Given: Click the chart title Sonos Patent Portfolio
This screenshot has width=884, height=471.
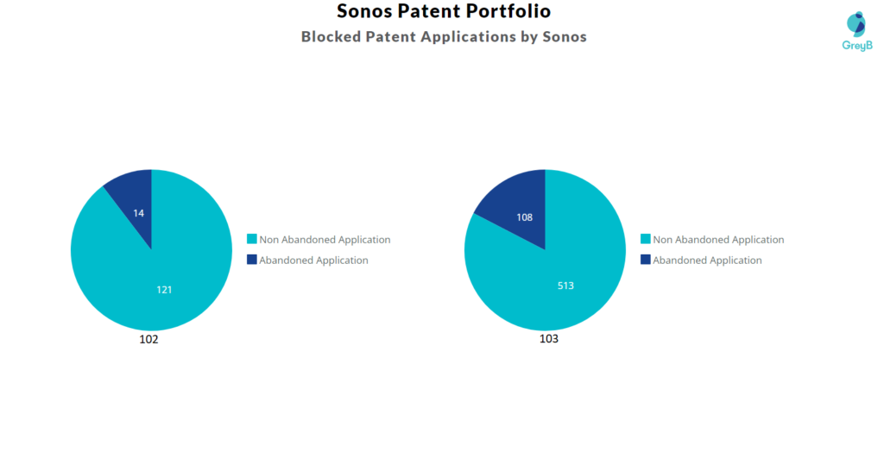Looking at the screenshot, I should tap(444, 12).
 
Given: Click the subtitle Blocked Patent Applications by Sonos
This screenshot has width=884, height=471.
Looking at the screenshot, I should tap(444, 37).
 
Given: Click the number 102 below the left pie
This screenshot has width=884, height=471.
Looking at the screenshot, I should tap(148, 339).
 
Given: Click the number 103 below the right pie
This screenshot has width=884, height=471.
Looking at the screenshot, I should tap(549, 339).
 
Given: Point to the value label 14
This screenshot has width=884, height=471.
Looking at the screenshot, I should tap(139, 212).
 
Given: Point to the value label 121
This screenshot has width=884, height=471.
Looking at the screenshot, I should tap(164, 289).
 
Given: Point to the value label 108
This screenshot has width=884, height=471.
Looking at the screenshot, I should tap(525, 217).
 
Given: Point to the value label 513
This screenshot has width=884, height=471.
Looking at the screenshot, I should tap(565, 286).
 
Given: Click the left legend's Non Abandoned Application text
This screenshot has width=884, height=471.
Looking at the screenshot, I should tap(325, 240).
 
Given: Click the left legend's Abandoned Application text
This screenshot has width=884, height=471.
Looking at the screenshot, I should tap(313, 261).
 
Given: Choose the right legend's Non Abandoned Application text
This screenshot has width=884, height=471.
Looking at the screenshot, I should tap(718, 240).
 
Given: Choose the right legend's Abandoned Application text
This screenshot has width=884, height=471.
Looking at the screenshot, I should tap(707, 261).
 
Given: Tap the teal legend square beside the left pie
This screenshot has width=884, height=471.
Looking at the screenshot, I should tap(251, 239).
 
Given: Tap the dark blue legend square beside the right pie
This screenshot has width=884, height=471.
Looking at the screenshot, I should tap(645, 260).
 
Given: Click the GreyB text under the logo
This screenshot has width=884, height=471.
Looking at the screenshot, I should tap(857, 45).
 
